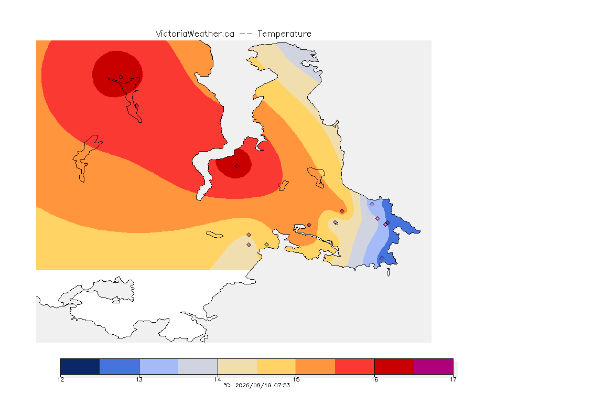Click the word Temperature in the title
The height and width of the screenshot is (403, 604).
click(x=284, y=34)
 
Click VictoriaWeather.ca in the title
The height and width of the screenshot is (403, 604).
click(x=195, y=34)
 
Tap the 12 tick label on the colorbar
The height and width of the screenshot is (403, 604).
click(x=60, y=379)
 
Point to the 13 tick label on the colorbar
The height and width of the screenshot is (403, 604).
click(x=139, y=379)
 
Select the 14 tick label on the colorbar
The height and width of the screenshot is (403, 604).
click(x=218, y=379)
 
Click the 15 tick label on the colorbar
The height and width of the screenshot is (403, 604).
click(x=296, y=379)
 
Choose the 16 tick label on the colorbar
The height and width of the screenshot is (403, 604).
click(x=374, y=379)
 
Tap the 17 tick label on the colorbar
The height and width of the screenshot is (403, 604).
click(x=453, y=379)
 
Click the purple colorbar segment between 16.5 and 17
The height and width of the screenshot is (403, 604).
click(x=434, y=366)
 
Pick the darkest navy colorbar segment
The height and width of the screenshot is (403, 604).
click(x=80, y=366)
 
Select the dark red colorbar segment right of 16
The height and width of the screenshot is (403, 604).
click(x=394, y=366)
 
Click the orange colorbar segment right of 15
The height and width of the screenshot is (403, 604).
click(x=316, y=366)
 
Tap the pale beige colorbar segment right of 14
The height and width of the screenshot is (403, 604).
click(x=238, y=366)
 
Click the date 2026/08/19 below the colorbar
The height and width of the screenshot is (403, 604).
click(x=253, y=385)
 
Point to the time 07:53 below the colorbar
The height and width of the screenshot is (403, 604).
click(x=282, y=385)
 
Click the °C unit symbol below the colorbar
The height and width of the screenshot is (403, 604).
click(x=227, y=385)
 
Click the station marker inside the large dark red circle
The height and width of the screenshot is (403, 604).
click(x=121, y=77)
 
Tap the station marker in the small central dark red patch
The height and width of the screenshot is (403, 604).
click(x=238, y=166)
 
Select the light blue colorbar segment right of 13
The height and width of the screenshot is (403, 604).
click(x=159, y=366)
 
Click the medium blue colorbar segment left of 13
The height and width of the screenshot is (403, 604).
click(x=120, y=366)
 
